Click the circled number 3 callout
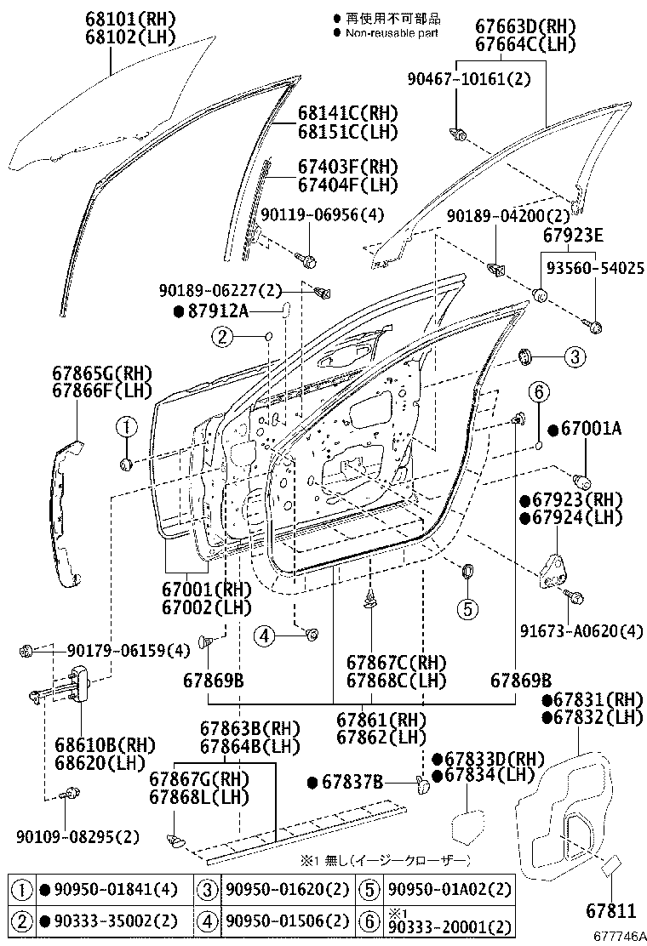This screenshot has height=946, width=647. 574,357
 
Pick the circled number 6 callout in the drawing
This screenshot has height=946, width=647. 539,392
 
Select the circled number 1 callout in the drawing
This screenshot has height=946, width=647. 126,426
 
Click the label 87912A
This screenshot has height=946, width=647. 217,311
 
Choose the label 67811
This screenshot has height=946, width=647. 610,911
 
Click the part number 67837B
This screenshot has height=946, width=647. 352,781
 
